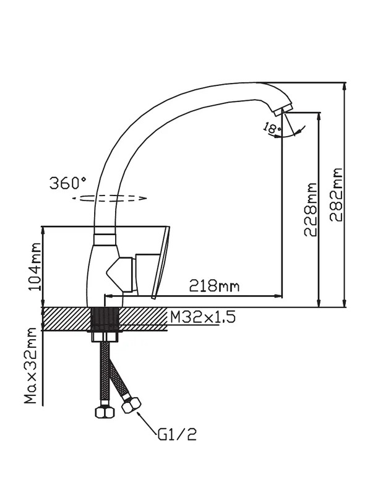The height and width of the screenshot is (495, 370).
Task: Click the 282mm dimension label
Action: [x=336, y=195]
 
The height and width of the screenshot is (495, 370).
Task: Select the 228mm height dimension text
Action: [x=310, y=209]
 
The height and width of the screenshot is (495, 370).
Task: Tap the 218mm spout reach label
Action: [x=214, y=286]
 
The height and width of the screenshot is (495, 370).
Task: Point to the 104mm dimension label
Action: [x=35, y=267]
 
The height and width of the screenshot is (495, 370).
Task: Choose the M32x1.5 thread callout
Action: [x=203, y=317]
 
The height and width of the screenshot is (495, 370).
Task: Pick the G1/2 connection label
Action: [x=177, y=434]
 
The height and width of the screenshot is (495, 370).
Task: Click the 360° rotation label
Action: [x=67, y=183]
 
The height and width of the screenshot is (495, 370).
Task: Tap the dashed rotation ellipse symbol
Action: [x=110, y=198]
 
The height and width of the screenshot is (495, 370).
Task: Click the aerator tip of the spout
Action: [x=282, y=110]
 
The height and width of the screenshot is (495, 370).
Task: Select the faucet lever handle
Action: [x=160, y=262]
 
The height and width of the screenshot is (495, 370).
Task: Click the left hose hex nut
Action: [x=105, y=412]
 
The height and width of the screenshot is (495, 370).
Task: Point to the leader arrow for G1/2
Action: [x=147, y=422]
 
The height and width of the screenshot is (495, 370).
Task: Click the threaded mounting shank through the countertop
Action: [x=105, y=319]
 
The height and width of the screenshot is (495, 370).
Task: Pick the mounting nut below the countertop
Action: [x=105, y=337]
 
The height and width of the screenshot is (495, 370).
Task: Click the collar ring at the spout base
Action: [x=105, y=239]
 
